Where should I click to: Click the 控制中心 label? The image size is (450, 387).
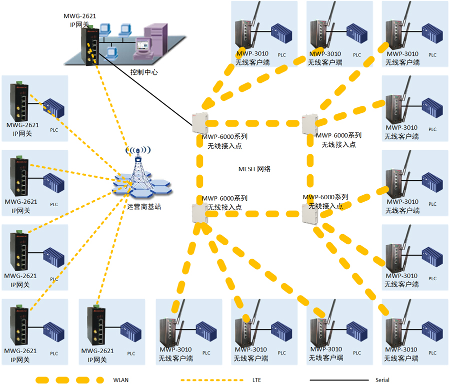144,72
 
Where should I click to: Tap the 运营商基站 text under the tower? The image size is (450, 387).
144,207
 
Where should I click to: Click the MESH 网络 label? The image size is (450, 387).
254,169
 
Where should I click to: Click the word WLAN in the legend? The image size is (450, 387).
121,380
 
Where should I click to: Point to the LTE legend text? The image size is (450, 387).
256,380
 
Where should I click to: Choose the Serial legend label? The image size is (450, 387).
382,380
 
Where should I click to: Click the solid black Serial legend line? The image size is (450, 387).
339,380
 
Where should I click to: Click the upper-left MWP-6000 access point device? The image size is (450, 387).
199,123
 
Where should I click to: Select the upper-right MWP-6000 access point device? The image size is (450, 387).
310,124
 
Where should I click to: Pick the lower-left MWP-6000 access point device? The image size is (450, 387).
199,213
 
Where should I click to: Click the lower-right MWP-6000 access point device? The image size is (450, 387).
310,214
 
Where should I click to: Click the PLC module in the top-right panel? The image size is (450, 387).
432,33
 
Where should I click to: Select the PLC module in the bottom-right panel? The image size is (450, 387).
432,332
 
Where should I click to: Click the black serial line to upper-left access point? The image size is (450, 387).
145,89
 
